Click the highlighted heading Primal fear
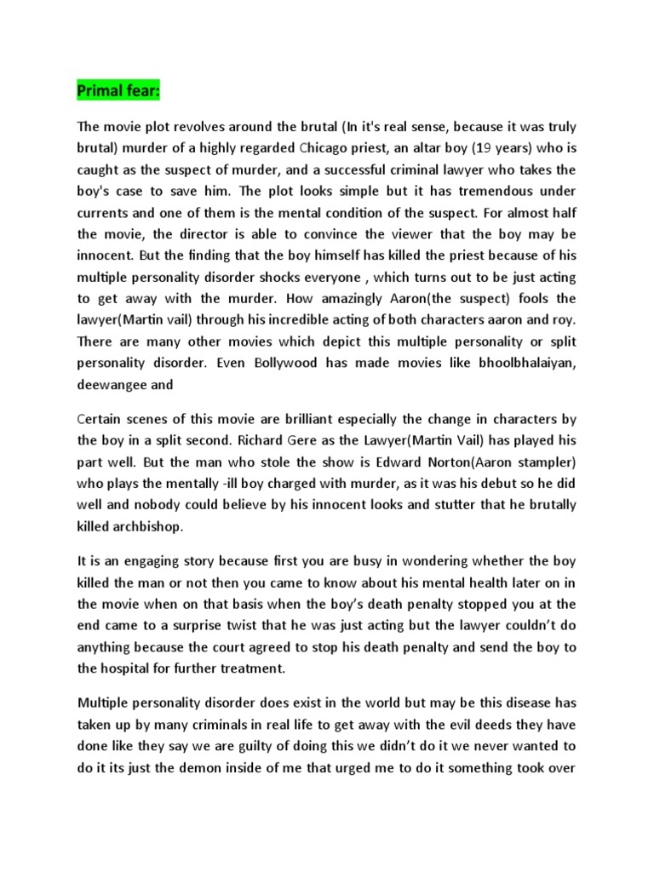point(112,89)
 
